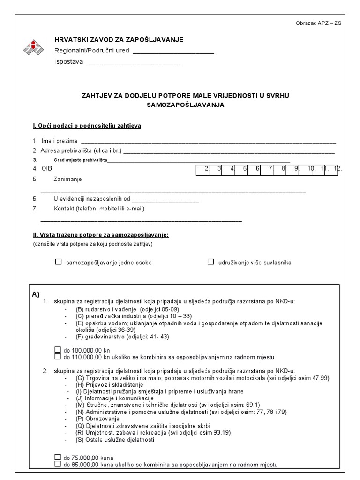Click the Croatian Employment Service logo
tap(34, 47)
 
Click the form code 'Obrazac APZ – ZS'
tap(319, 23)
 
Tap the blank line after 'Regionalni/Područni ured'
tap(173, 52)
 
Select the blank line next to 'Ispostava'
tap(135, 63)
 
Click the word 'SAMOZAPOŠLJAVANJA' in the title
tap(186, 105)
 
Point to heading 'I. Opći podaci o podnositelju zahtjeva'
tap(87, 126)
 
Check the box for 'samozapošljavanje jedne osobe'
tap(59, 262)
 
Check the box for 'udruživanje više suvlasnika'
tap(211, 262)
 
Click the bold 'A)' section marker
tap(36, 294)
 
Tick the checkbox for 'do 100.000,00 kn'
tap(58, 350)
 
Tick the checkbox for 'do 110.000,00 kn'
tap(58, 356)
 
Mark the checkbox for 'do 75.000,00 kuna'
tap(58, 457)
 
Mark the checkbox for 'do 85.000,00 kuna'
tap(58, 464)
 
